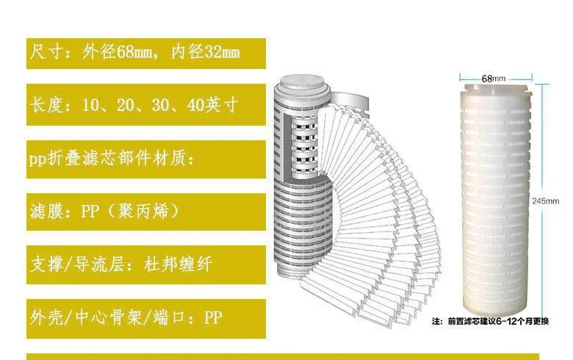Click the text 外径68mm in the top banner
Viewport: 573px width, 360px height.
[x=118, y=52]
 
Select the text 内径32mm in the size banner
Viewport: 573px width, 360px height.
[x=206, y=52]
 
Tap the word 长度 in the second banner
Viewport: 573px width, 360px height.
[x=48, y=105]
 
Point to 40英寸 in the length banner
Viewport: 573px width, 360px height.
[x=213, y=105]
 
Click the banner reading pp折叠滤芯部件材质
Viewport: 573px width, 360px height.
[x=145, y=159]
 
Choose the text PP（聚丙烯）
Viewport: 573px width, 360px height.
[x=131, y=212]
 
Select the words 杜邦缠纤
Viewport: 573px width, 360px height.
[x=178, y=264]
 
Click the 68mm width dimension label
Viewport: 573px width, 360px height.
[x=494, y=79]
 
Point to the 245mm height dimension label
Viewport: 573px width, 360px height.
[x=546, y=201]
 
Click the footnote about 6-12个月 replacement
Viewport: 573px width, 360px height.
[x=491, y=321]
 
